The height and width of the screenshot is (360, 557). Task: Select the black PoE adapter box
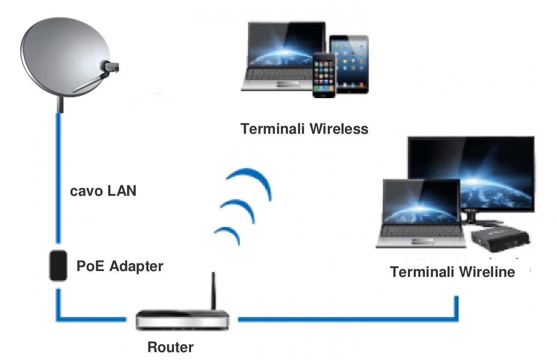[x=58, y=265]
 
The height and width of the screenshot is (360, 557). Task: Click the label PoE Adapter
[x=120, y=267]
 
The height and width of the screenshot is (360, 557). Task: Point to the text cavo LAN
[x=103, y=191]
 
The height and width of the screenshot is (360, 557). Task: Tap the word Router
[x=171, y=348]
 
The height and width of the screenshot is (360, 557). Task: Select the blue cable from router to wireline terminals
[x=342, y=319]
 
